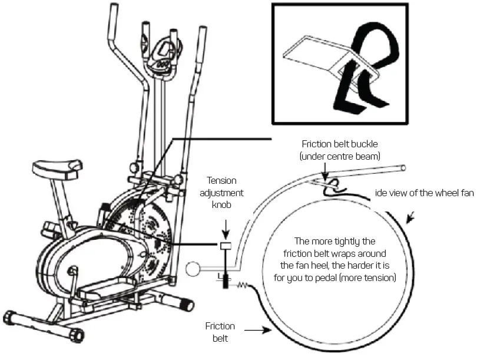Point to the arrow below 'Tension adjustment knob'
226,229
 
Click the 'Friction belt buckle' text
340,143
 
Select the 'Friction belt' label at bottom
220,332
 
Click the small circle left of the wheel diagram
192,270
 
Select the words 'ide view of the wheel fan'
424,193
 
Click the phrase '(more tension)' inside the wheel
367,276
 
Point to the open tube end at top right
403,169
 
